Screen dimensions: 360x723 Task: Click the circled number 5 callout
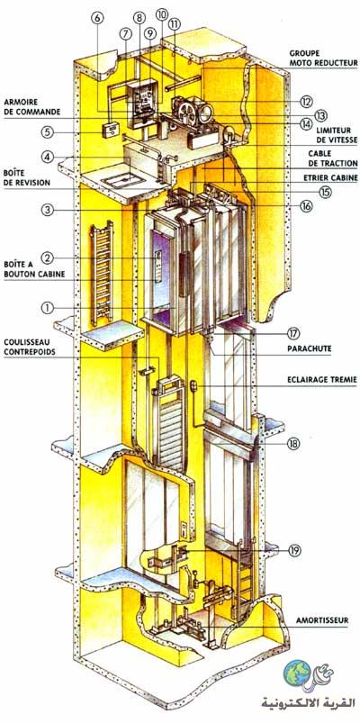48,132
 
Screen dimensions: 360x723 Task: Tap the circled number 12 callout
307,101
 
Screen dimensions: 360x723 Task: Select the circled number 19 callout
294,550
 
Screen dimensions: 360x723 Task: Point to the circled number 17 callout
307,333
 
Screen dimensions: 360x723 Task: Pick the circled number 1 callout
48,309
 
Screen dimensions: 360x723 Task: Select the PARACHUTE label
310,349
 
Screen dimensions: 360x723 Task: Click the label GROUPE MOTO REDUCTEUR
324,58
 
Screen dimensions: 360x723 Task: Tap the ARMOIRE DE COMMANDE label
32,106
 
